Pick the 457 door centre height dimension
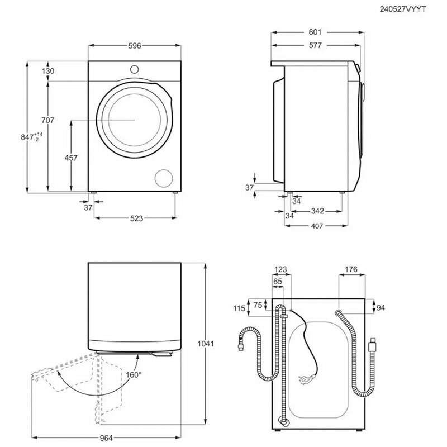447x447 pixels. click(71, 158)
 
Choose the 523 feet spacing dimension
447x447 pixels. click(135, 218)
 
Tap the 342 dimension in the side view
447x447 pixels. click(317, 211)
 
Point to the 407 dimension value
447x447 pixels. click(317, 227)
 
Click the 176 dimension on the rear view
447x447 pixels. click(351, 270)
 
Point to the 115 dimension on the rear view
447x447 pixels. click(240, 308)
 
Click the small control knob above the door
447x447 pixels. click(135, 69)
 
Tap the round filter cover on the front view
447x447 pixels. click(164, 178)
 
